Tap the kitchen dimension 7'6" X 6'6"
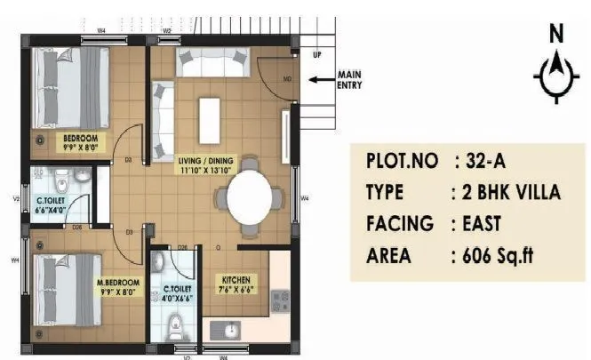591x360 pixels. tap(237, 289)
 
